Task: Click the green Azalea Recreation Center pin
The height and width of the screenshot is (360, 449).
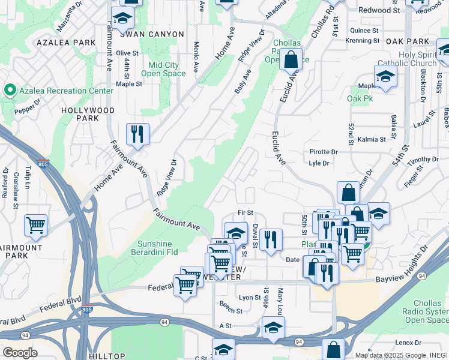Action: (x=10, y=91)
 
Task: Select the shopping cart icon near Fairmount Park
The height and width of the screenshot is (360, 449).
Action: (x=36, y=226)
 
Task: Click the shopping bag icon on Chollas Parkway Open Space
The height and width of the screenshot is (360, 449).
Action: (x=291, y=60)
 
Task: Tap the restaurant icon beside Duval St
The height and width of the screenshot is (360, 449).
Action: (x=271, y=240)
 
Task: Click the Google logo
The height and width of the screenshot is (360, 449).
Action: (x=19, y=353)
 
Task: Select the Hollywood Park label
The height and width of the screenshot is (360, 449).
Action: (x=88, y=115)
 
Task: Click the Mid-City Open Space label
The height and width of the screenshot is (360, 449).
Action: (x=163, y=69)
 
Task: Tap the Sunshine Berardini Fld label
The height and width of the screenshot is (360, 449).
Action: (x=158, y=248)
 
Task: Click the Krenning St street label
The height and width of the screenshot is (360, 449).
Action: (x=362, y=41)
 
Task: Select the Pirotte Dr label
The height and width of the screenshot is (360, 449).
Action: (x=323, y=152)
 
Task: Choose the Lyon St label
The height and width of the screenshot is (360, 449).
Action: (x=250, y=298)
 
